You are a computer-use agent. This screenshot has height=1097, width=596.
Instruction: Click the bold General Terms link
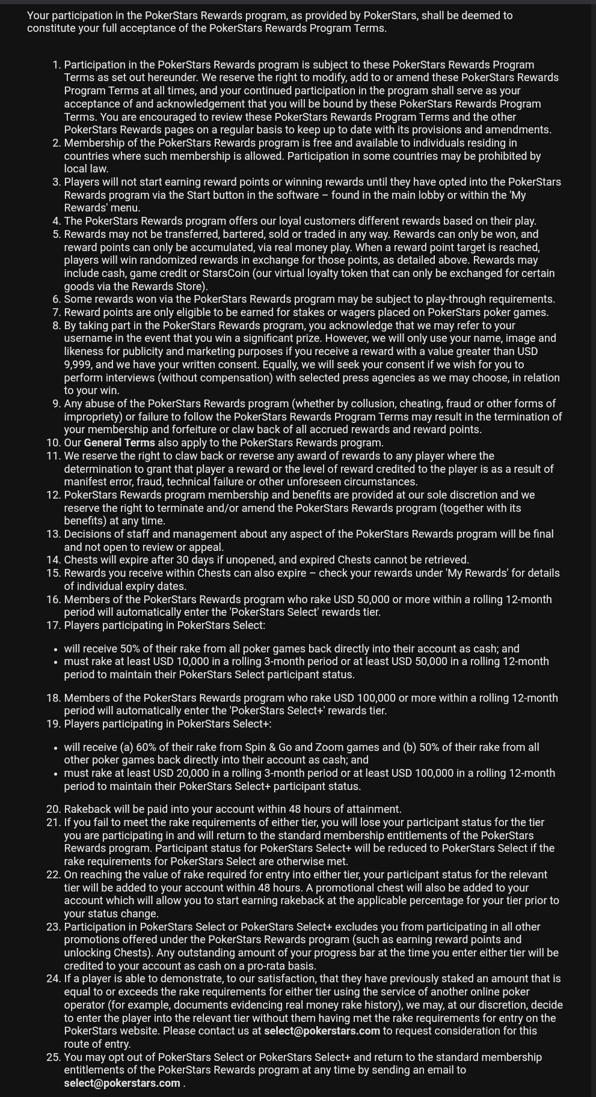[x=119, y=443]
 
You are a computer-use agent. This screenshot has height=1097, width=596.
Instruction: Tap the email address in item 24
[x=322, y=1031]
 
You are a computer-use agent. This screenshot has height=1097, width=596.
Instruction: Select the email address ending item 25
[x=122, y=1083]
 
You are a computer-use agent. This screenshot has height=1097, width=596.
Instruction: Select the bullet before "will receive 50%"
[x=55, y=649]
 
